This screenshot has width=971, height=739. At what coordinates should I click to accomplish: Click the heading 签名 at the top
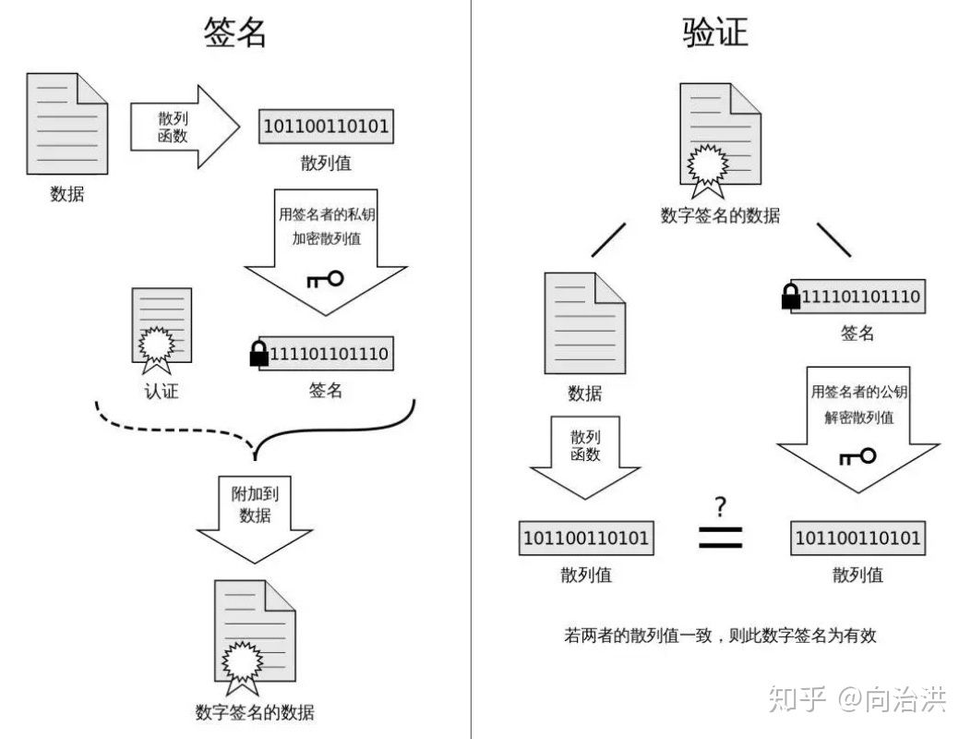[x=235, y=31]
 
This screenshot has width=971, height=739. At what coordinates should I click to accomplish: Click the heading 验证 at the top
[x=715, y=31]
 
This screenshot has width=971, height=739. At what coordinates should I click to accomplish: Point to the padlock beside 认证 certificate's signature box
[x=258, y=354]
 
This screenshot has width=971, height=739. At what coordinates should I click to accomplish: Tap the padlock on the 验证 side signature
[x=790, y=297]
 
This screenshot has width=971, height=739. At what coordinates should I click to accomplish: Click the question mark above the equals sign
[x=720, y=506]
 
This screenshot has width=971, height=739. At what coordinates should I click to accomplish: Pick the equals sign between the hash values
[x=720, y=538]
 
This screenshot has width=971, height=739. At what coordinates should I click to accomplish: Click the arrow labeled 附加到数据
[x=255, y=517]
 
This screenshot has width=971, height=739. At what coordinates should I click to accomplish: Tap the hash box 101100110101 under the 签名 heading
[x=326, y=126]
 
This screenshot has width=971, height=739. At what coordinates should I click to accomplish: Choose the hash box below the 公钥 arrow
[x=857, y=538]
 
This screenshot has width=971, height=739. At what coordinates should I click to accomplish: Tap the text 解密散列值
[x=858, y=417]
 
